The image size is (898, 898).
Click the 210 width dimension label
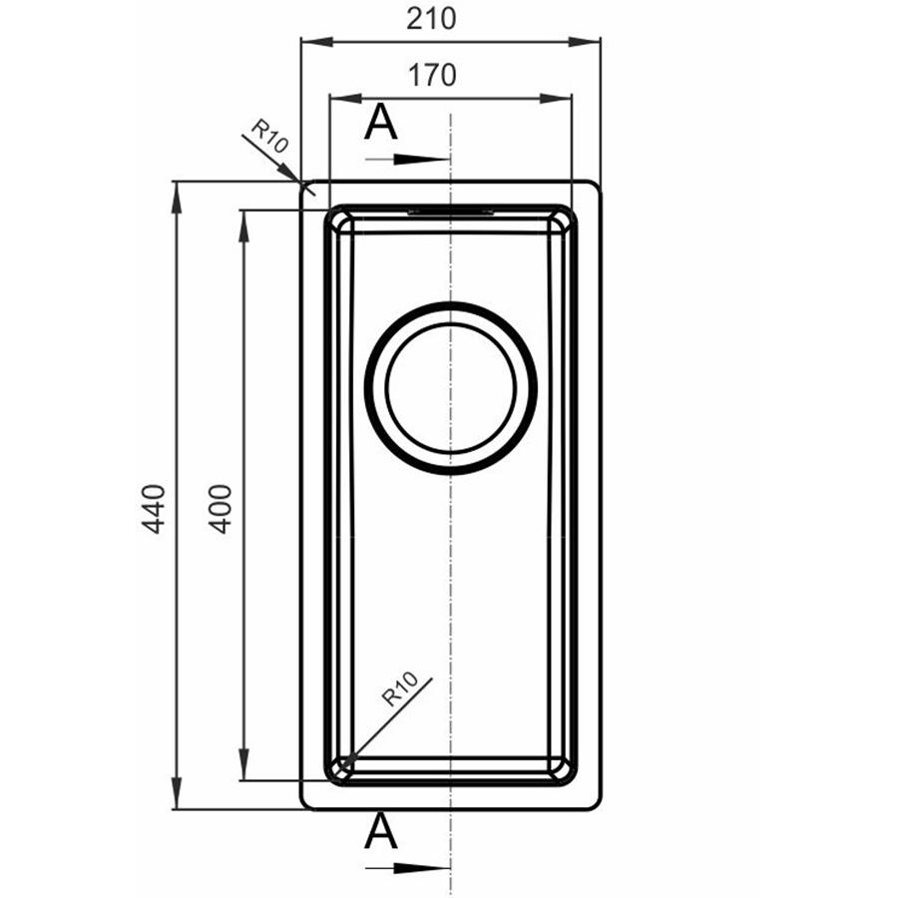click(431, 19)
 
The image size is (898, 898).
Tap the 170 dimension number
click(432, 75)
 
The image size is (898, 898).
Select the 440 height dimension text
click(154, 509)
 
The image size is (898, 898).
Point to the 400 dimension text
click(220, 509)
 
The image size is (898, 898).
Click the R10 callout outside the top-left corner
click(269, 136)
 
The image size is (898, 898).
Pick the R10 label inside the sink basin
click(400, 688)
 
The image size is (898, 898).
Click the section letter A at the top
click(381, 123)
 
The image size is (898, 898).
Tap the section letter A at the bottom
click(381, 831)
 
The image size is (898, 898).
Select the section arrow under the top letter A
click(408, 160)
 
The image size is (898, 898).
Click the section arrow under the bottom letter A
click(408, 869)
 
